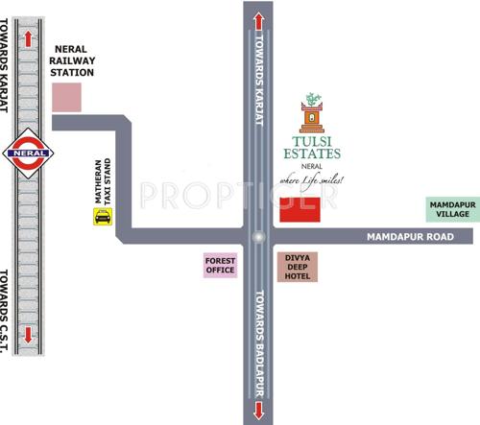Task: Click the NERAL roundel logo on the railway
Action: tap(29, 152)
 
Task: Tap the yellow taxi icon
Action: tap(101, 217)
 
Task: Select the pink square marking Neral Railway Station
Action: tap(66, 96)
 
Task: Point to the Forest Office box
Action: tap(220, 264)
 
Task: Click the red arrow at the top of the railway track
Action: tap(29, 36)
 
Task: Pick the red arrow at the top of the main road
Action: tap(257, 20)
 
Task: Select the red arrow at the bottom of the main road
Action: tap(257, 412)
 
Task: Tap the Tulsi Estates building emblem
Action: tap(311, 115)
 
